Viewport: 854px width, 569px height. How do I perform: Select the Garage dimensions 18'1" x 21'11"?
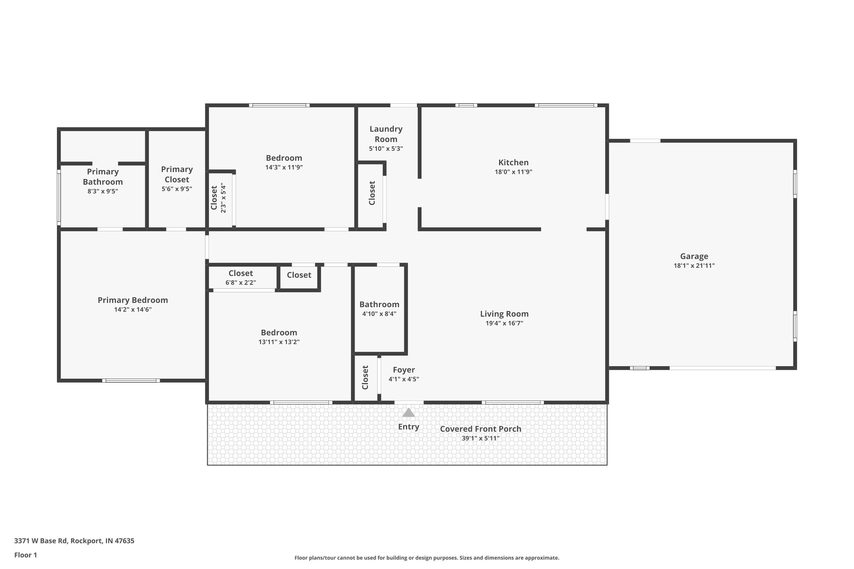tap(694, 266)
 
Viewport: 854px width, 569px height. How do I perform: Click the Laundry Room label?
tap(386, 134)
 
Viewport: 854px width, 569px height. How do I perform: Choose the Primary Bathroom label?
tap(103, 177)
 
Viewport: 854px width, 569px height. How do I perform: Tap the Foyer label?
tap(403, 370)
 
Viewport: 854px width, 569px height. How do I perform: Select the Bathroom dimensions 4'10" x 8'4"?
tap(379, 314)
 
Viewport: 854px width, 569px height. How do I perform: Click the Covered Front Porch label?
tap(481, 429)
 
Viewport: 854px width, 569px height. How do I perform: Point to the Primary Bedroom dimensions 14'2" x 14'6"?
tap(133, 310)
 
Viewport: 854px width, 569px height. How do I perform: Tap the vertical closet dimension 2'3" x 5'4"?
tap(223, 198)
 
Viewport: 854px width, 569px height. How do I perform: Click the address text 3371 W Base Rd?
tap(41, 541)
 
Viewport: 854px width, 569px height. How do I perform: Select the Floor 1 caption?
tap(25, 555)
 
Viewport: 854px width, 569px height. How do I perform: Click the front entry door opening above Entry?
tap(409, 403)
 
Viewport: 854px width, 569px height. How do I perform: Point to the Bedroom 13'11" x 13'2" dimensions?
tap(279, 342)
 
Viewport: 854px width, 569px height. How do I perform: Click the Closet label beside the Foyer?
tap(365, 378)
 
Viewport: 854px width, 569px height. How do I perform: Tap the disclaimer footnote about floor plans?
tap(427, 558)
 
